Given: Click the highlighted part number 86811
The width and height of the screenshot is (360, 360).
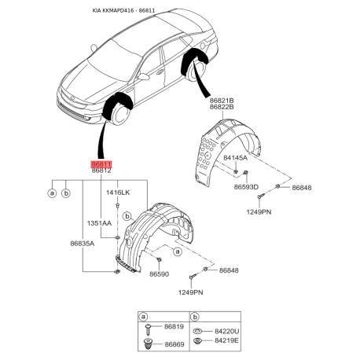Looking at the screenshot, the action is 101,164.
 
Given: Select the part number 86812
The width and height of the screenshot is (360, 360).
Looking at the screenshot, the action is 101,171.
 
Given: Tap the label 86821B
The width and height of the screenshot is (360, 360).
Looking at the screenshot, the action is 222,101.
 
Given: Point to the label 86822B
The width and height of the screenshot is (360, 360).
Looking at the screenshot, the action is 222,107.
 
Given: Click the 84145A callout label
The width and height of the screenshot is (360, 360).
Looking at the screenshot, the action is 235,158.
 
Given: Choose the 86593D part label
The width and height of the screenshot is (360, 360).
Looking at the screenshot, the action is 246,187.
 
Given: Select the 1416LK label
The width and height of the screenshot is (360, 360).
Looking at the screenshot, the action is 118,193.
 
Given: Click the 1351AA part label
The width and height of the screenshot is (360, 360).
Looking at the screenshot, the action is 99,223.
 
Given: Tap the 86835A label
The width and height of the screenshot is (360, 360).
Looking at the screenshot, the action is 83,244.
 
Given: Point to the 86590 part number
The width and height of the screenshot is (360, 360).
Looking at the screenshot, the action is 160,274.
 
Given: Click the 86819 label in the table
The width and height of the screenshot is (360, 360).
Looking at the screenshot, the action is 174,327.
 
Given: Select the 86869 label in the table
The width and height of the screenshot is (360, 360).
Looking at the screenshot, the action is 174,344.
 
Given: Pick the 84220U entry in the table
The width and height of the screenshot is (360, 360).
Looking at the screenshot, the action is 227,332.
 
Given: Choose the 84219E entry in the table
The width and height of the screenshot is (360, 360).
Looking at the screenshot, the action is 227,340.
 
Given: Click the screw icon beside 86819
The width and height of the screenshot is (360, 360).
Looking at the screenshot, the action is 149,329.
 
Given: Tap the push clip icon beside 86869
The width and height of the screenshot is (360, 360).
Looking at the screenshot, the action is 149,344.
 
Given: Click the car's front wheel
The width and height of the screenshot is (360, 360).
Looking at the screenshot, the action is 119,114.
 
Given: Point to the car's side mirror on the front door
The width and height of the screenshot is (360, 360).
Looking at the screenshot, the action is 143,77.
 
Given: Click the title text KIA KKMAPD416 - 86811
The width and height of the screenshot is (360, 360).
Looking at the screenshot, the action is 123,10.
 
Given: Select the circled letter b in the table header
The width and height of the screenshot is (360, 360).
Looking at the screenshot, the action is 195,318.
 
